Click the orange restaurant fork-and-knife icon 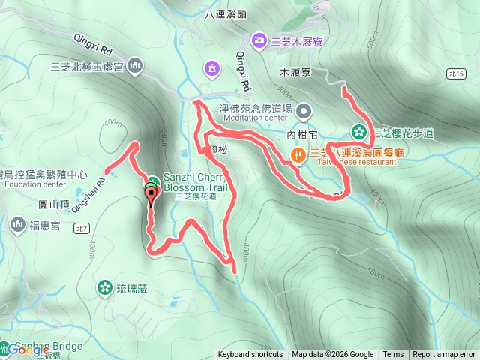(x=298, y=155)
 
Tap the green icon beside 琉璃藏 (x=103, y=286)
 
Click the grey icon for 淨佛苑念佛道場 (x=304, y=111)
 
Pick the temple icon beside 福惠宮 (x=17, y=223)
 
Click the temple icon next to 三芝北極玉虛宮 (x=135, y=66)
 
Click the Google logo (x=28, y=349)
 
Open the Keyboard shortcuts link (x=250, y=355)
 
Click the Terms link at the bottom (x=393, y=355)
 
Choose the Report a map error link (x=444, y=355)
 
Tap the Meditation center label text (x=255, y=118)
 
